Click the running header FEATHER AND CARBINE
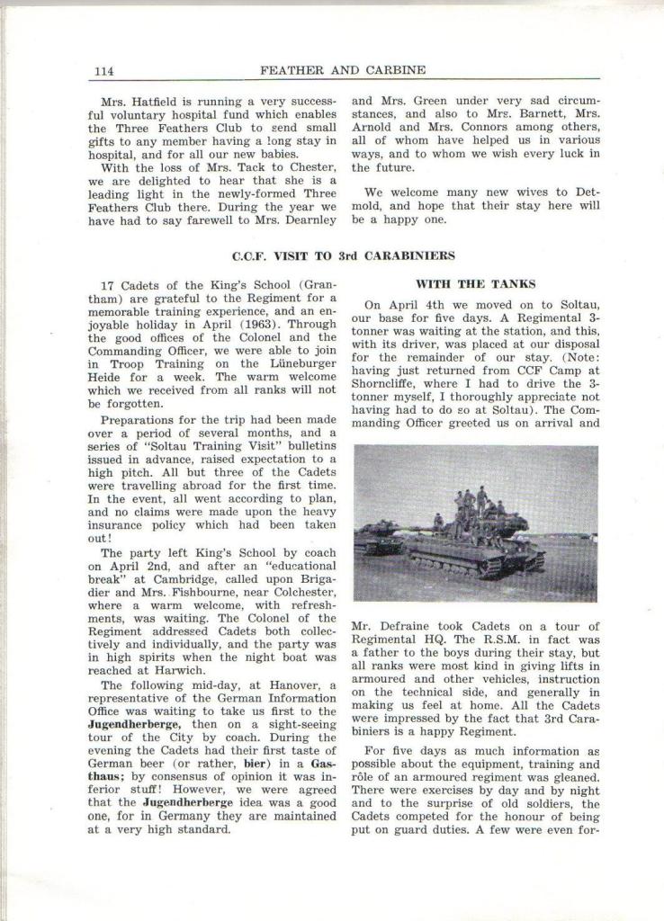pos(343,70)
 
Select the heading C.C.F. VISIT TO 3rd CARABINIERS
pos(343,255)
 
